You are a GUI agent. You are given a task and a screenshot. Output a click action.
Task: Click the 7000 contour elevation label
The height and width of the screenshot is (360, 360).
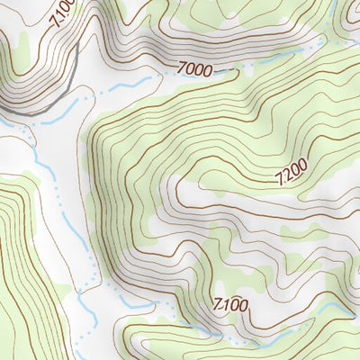pos(196,67)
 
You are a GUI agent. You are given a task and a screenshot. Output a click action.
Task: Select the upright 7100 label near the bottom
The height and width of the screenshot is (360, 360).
pos(230,305)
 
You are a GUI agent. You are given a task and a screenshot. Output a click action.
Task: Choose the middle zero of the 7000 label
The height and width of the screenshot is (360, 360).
pos(201,67)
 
